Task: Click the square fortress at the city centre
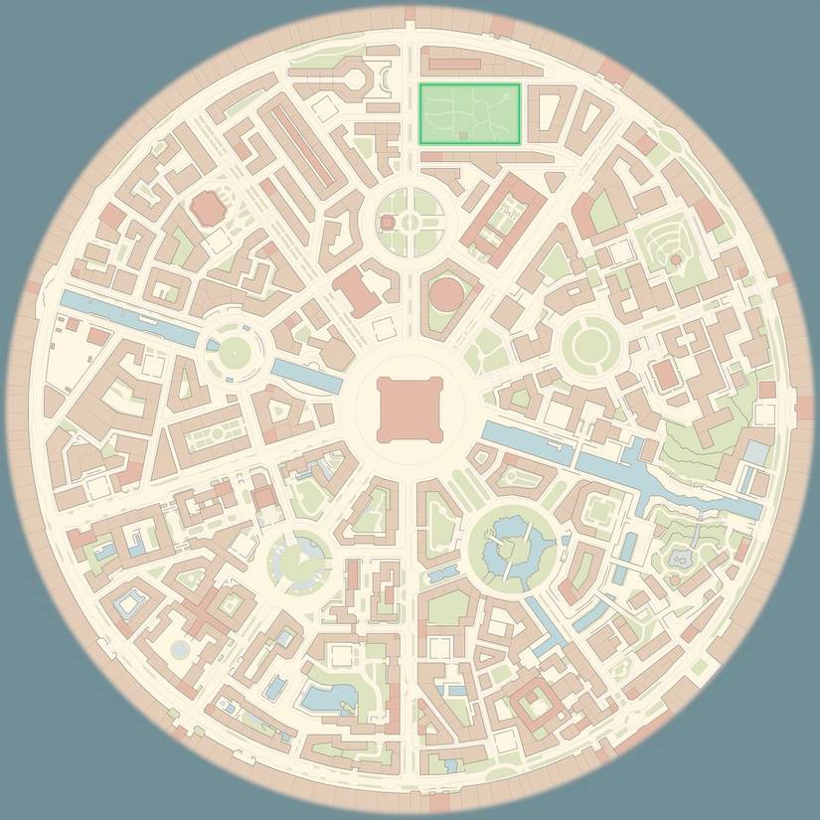410,410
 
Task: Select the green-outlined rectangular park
469,113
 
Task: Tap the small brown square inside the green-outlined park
463,134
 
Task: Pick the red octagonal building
207,208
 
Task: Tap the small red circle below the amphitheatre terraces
676,259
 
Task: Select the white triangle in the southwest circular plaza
302,559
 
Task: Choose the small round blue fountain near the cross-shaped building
180,649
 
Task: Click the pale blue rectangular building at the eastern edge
756,453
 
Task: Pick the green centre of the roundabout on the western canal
236,350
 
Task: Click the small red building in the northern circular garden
388,222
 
